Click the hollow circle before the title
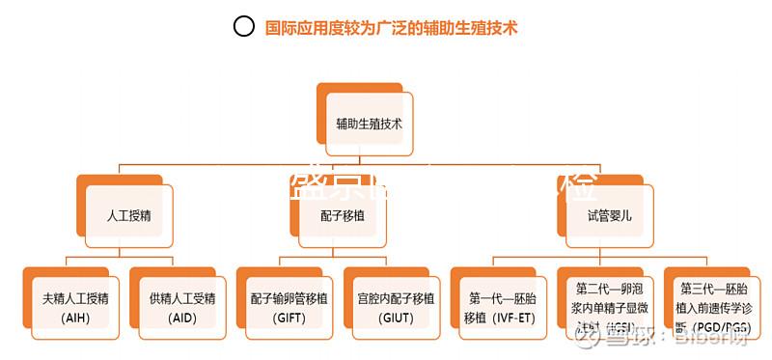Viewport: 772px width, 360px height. [244, 27]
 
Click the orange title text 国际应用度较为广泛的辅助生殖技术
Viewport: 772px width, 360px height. [392, 28]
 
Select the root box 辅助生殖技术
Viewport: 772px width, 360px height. [370, 125]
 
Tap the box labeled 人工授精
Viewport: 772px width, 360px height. [128, 215]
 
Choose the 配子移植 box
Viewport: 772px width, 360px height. [343, 215]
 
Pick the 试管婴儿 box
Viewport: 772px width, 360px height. [609, 215]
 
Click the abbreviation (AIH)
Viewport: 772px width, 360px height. [74, 318]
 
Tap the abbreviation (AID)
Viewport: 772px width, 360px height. [182, 318]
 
